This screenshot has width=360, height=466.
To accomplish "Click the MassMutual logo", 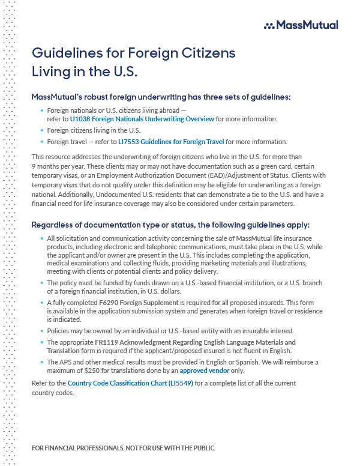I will point(301,25).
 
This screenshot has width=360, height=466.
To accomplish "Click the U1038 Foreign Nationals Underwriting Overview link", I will point(142,119).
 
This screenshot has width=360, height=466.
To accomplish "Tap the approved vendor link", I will point(229,371).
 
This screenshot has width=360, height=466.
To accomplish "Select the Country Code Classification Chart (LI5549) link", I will point(131,383).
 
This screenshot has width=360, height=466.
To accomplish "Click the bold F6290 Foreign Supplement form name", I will point(135,303).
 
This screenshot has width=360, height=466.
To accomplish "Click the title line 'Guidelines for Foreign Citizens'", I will point(133,53).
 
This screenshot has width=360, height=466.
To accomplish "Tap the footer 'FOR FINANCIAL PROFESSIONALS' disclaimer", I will point(123,448).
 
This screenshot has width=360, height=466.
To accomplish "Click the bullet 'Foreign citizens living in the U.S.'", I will point(94,130).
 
